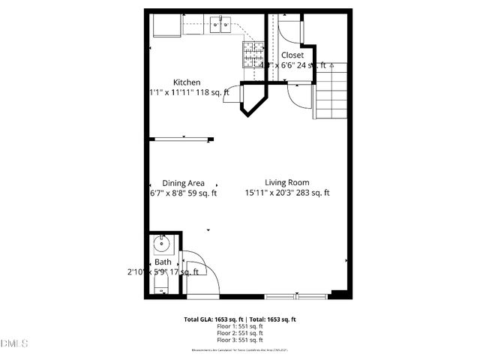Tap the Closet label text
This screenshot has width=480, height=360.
(x=292, y=55)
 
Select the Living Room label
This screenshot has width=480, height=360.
(x=286, y=182)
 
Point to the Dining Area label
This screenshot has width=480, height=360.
(x=184, y=183)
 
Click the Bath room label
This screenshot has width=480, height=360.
(x=163, y=262)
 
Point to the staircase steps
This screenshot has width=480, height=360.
(x=331, y=90)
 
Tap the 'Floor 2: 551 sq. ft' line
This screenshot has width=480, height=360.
(x=239, y=334)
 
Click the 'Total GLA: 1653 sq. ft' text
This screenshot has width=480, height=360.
(x=211, y=319)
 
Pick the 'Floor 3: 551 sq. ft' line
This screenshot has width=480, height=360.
(x=239, y=341)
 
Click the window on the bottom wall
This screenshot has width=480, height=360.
(x=296, y=295)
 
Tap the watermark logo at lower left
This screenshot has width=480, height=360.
(x=14, y=343)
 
